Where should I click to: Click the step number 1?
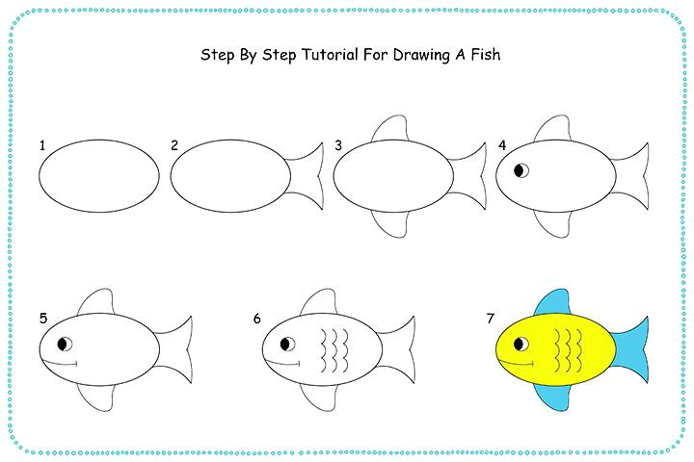[x=43, y=146]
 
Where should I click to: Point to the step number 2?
[x=174, y=146]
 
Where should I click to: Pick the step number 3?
[x=338, y=146]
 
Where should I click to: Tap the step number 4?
[x=501, y=146]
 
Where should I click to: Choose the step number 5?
[x=43, y=318]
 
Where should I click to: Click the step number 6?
[x=257, y=318]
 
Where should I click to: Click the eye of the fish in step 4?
[x=521, y=172]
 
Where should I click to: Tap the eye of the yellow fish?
[x=521, y=344]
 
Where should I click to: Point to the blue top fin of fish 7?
[x=552, y=301]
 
